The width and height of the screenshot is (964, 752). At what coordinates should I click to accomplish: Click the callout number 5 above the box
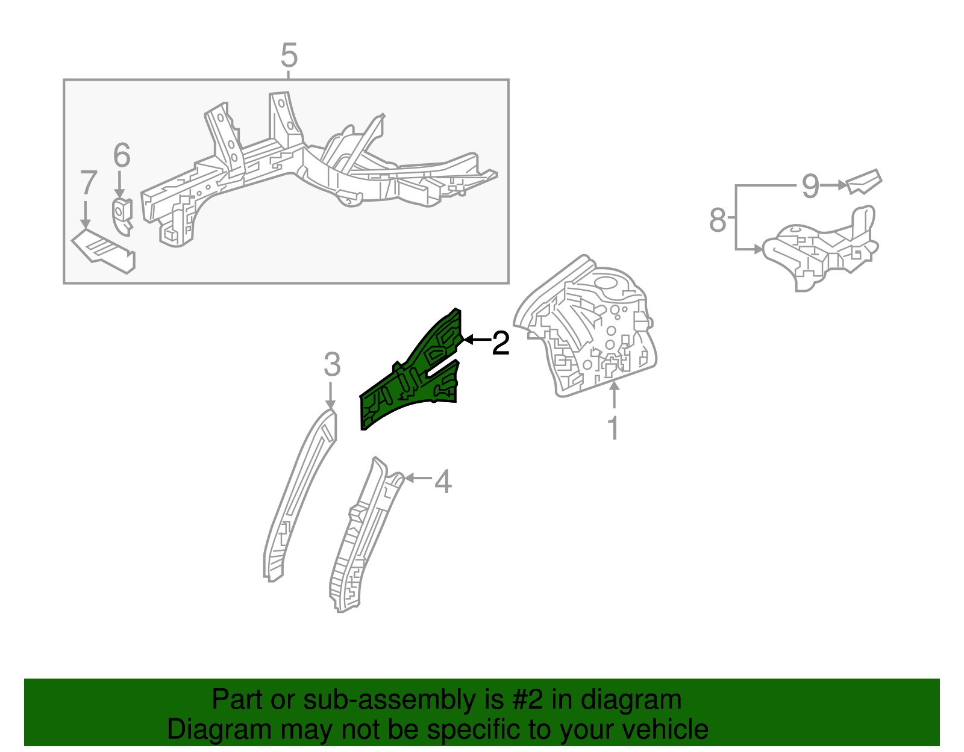(289, 55)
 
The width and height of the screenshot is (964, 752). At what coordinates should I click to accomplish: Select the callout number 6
(122, 155)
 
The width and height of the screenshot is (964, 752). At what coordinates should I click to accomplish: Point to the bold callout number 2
(501, 343)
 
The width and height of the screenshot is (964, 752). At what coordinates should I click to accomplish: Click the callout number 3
(332, 365)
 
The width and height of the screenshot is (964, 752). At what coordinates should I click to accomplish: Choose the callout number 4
(443, 482)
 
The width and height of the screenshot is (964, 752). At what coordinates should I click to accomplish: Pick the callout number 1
(613, 428)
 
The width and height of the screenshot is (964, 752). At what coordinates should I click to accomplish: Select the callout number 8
(718, 220)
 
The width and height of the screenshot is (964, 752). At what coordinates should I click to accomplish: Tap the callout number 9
(810, 186)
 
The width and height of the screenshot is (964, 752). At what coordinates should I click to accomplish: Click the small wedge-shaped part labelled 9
(864, 182)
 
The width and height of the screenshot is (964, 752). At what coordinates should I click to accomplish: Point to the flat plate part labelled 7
(104, 251)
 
